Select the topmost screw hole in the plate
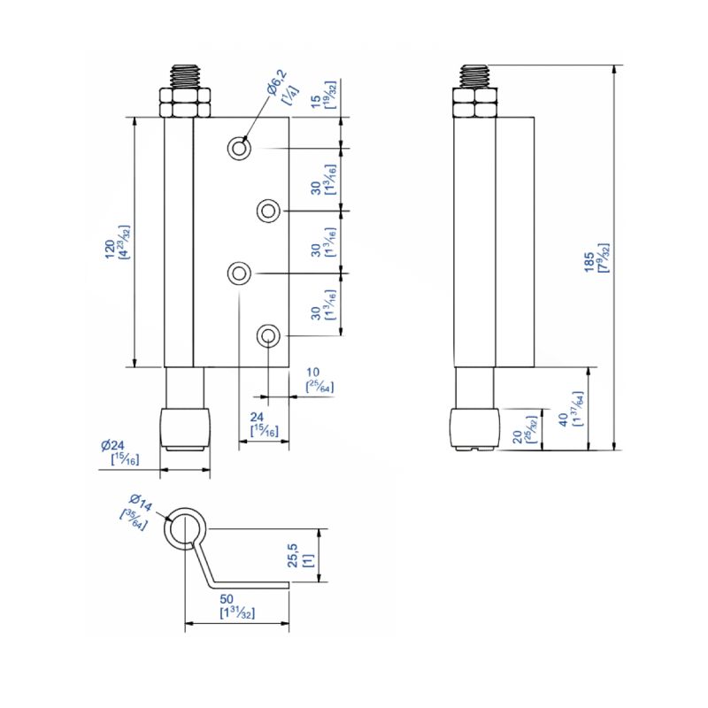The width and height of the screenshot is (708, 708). point(238,148)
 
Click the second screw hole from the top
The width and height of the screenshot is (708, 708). point(268,211)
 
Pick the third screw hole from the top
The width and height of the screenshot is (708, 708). point(238,273)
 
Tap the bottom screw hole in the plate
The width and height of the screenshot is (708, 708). point(268,335)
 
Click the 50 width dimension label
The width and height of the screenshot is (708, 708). point(238,600)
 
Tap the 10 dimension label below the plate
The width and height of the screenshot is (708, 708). point(312,373)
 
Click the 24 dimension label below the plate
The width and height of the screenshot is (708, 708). point(258,417)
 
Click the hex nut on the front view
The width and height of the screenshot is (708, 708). point(184,103)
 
